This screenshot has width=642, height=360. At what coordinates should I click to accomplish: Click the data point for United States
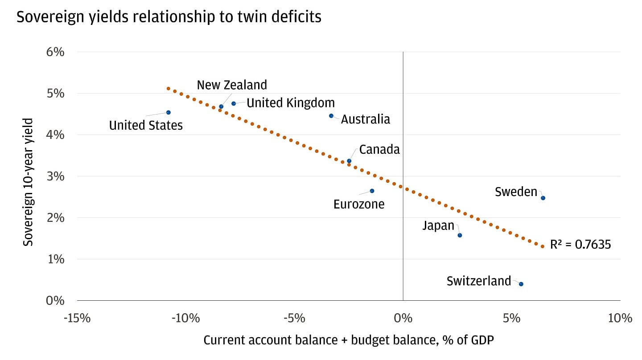[168, 112]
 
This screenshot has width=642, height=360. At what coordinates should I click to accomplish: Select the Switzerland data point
[521, 284]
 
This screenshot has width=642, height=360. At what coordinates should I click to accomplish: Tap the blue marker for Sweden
[543, 198]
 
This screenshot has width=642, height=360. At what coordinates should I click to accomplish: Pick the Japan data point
[460, 235]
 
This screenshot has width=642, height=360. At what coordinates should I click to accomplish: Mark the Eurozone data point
[372, 191]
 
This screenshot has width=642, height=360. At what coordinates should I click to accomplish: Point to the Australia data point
[331, 116]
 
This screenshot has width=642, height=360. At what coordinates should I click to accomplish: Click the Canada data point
[349, 161]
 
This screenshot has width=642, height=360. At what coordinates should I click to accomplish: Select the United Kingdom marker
[234, 103]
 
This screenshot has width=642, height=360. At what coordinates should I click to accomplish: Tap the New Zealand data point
[221, 106]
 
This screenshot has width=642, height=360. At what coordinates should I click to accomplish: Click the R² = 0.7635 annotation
[580, 245]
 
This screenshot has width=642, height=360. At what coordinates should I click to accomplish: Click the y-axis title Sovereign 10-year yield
[29, 182]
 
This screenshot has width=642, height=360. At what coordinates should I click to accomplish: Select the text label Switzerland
[478, 281]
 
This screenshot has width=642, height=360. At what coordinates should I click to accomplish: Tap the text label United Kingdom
[290, 103]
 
